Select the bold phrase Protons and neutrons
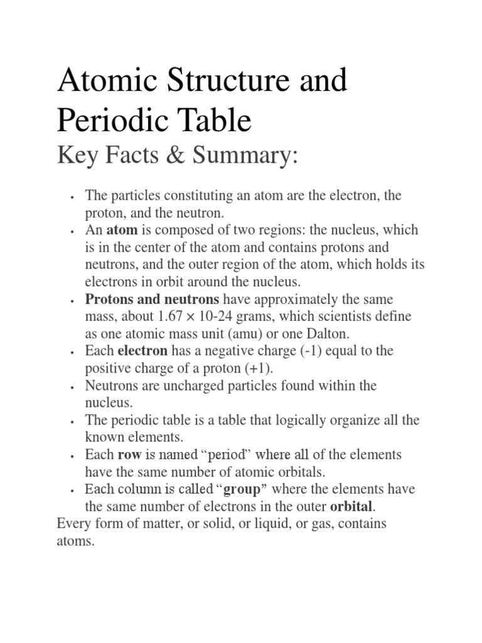click(153, 299)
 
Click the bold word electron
click(142, 351)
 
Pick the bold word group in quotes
click(242, 489)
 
